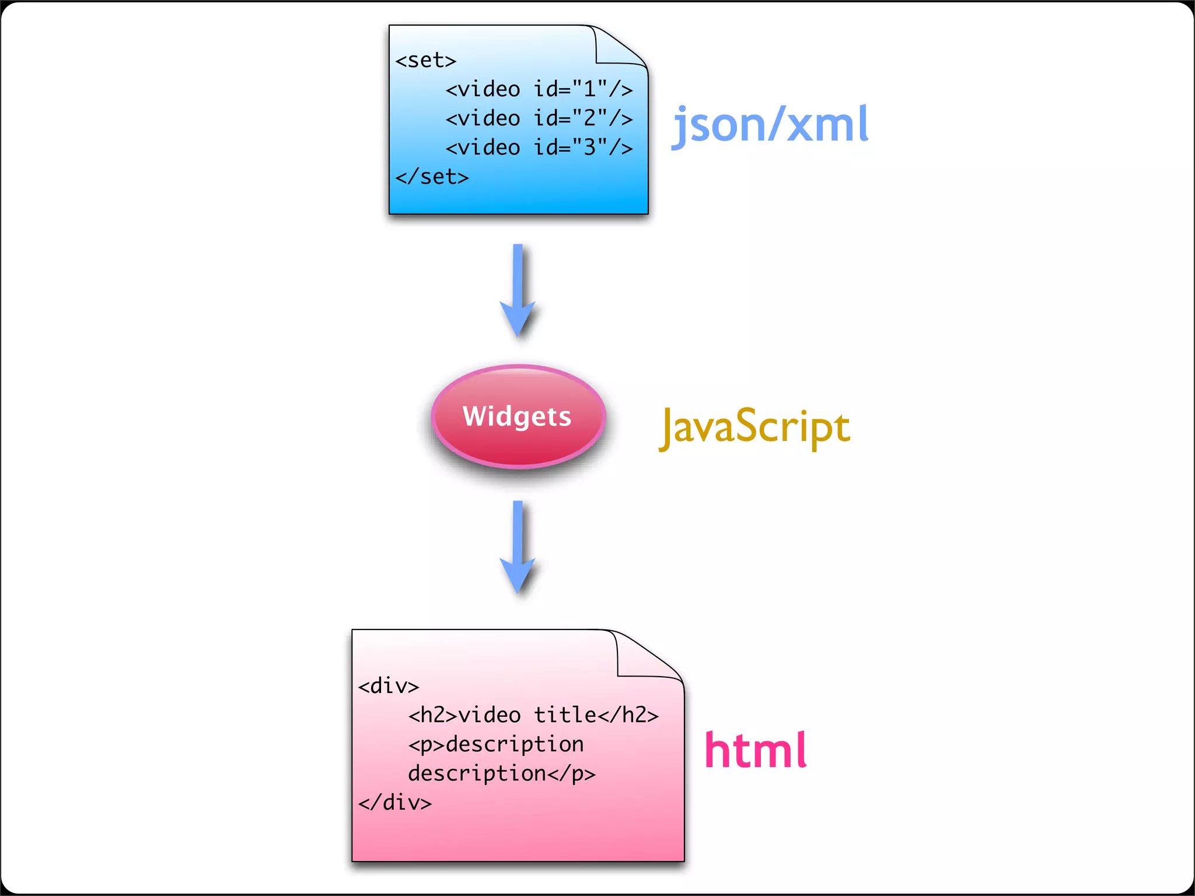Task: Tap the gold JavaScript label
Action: (x=754, y=427)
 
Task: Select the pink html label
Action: (x=756, y=751)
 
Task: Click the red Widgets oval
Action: (x=518, y=416)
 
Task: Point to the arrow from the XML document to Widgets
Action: (x=518, y=289)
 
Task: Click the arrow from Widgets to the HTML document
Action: (x=518, y=546)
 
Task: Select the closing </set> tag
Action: (x=432, y=177)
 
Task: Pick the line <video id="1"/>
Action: (x=539, y=89)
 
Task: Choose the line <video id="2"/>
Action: (x=539, y=118)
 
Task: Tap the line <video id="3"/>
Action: (x=539, y=148)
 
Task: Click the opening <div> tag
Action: (x=389, y=686)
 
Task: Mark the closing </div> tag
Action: (x=395, y=803)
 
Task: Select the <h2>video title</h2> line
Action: (x=533, y=715)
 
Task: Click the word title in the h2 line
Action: (x=565, y=715)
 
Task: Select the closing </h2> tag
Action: (x=628, y=715)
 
